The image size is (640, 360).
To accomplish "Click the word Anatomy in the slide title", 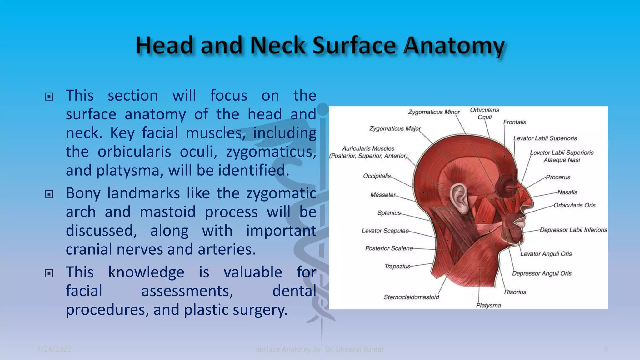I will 454,46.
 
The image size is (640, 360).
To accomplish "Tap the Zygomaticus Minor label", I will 434,112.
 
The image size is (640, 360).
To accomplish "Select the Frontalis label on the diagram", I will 515,122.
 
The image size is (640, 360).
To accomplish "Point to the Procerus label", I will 558,177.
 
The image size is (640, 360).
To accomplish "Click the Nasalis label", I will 567,192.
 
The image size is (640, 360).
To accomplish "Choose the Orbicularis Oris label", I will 574,205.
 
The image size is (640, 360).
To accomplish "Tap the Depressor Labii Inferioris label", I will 573,230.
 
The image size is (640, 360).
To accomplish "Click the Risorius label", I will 515,292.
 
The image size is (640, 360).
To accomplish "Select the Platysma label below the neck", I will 488,305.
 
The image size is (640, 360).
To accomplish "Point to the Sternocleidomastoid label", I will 411,297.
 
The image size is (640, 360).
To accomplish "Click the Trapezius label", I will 397,266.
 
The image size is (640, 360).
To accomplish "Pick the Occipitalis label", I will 377,176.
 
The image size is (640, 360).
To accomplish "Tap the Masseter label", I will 383,195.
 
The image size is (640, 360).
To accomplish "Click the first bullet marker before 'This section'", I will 49,97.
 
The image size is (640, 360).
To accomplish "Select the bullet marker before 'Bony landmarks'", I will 49,194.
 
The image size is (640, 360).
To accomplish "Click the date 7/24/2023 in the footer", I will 54,349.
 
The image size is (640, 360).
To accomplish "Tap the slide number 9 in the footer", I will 606,349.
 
